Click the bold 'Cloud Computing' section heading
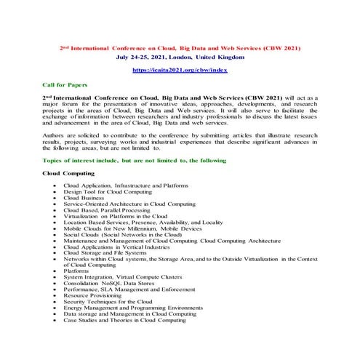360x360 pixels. coord(69,173)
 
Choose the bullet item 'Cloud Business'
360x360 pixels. coord(84,198)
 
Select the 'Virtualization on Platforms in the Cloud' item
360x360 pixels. coord(116,216)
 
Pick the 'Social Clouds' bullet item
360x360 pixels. coord(122,235)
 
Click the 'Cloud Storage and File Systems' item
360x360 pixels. coord(105,253)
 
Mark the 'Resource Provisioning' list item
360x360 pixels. coord(92,296)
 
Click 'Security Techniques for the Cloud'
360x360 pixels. coord(108,302)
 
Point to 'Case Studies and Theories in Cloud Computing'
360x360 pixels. coord(124,320)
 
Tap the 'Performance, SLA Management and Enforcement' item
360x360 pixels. coord(125,289)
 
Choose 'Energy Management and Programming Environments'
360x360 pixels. coord(133,308)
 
